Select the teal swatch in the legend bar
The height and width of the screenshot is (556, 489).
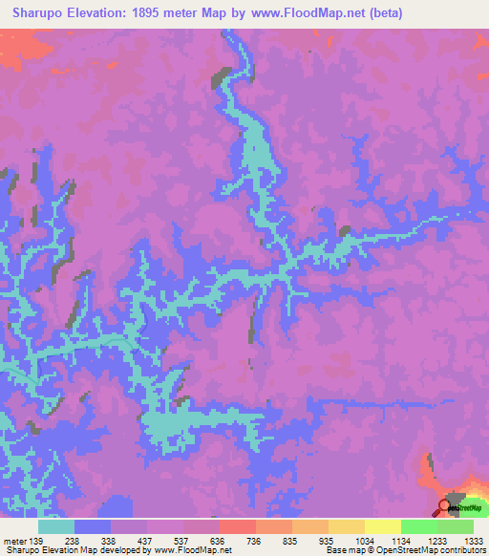tap(56, 526)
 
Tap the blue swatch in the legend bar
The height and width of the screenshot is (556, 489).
tap(93, 526)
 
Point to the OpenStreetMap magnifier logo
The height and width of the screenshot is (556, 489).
tap(445, 505)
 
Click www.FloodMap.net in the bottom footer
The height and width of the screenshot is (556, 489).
tap(191, 550)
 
